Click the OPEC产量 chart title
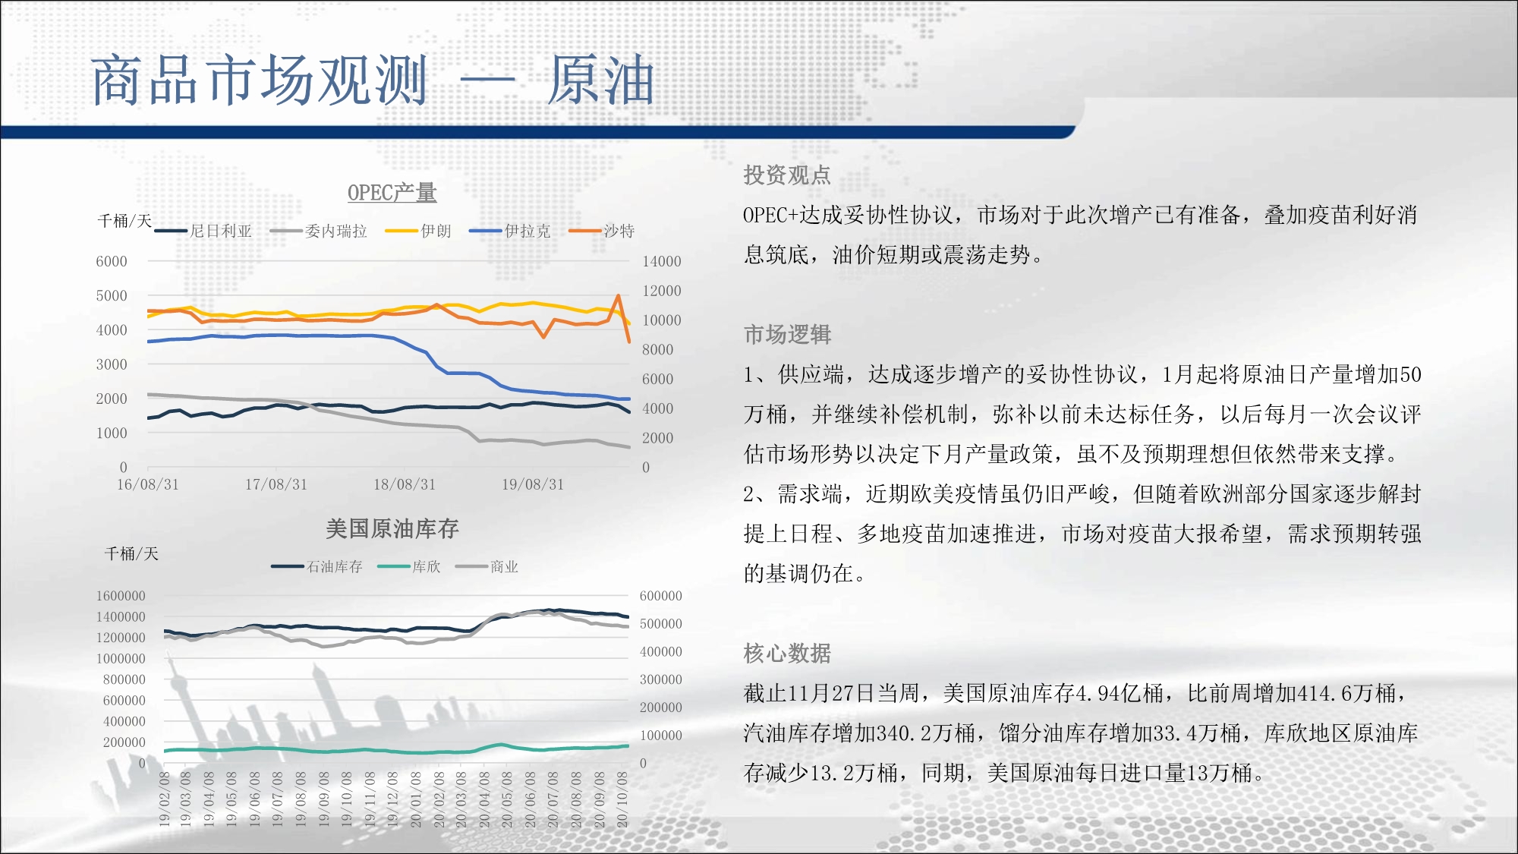[x=392, y=193]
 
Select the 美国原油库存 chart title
[x=392, y=529]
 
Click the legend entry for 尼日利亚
[x=203, y=231]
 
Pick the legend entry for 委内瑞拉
[x=318, y=231]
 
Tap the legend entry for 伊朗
[x=418, y=231]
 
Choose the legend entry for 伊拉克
[x=509, y=231]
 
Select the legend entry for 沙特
[x=602, y=231]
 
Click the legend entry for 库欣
[x=409, y=566]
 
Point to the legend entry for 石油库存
[x=317, y=566]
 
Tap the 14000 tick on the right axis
[x=662, y=262]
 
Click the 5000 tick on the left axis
[x=112, y=296]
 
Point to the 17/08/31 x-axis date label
[x=276, y=484]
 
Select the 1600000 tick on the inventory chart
[x=121, y=596]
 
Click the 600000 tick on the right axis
[x=661, y=596]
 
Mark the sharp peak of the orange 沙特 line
[x=619, y=295]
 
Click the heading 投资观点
[x=787, y=175]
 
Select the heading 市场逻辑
[x=787, y=335]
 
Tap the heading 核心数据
[x=787, y=654]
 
